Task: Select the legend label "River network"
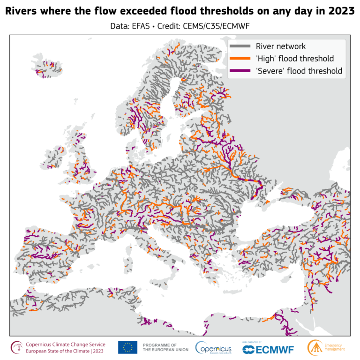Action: coord(281,46)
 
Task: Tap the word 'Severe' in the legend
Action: coord(270,71)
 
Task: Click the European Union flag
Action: coord(127,347)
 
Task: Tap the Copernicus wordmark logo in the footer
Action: coord(213,347)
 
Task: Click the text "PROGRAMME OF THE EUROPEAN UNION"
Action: coord(165,347)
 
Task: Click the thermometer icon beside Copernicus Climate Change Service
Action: coord(17,347)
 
